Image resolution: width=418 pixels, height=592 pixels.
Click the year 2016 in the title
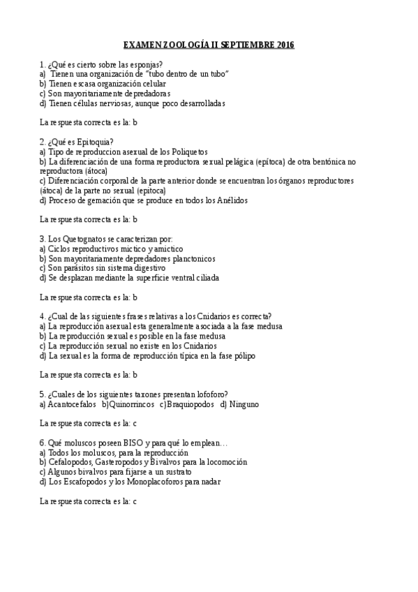[x=285, y=45]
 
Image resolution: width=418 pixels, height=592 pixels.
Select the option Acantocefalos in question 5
[x=72, y=404]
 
